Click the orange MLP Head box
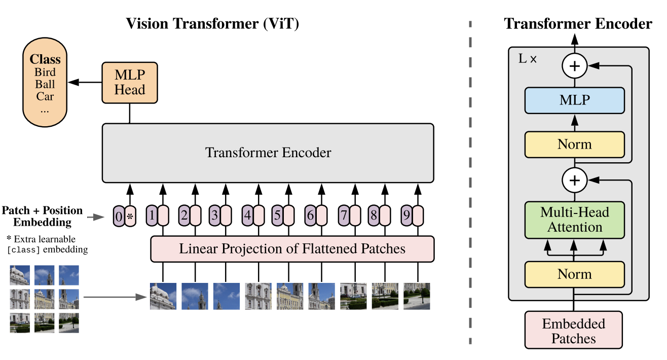pyautogui.click(x=130, y=82)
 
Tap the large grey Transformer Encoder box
pyautogui.click(x=268, y=153)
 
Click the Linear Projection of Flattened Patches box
pyautogui.click(x=292, y=249)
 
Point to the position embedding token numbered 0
pyautogui.click(x=118, y=217)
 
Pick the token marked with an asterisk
pyautogui.click(x=130, y=217)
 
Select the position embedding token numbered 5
pyautogui.click(x=277, y=215)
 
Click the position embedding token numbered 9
pyautogui.click(x=406, y=215)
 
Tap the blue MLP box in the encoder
pyautogui.click(x=574, y=100)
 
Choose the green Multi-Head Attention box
pyautogui.click(x=574, y=220)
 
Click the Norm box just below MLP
pyautogui.click(x=574, y=145)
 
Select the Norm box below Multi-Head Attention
pyautogui.click(x=574, y=274)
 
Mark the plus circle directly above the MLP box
pyautogui.click(x=574, y=66)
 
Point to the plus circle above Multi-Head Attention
pyautogui.click(x=574, y=179)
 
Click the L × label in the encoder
pyautogui.click(x=527, y=58)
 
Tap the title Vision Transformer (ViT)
pyautogui.click(x=212, y=23)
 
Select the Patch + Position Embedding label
pyautogui.click(x=42, y=216)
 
